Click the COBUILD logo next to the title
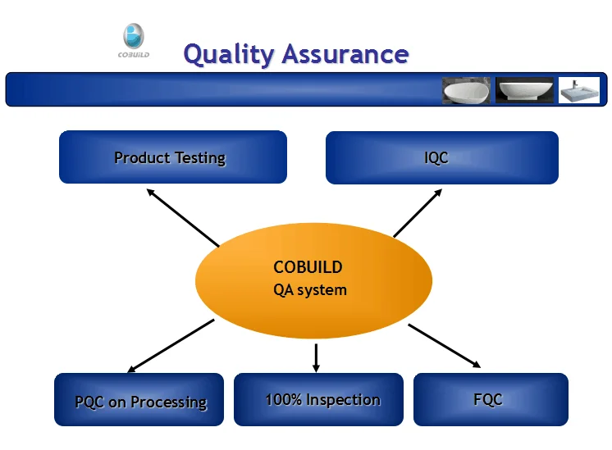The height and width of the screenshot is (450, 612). (x=133, y=42)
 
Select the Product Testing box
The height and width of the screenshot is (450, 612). (x=173, y=157)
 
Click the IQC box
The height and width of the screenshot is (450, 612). (x=441, y=157)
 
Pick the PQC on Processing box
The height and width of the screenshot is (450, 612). (x=139, y=400)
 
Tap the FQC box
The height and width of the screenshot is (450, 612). (x=490, y=399)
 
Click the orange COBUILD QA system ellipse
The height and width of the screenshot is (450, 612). (x=313, y=279)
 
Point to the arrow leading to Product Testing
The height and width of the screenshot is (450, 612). (x=183, y=217)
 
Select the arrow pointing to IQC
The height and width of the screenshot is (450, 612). (x=418, y=213)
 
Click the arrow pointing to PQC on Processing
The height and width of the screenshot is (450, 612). (x=171, y=346)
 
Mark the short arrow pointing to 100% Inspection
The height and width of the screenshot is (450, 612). (x=316, y=357)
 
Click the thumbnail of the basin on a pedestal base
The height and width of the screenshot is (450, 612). (x=525, y=90)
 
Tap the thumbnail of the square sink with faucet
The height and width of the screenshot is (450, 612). (x=579, y=90)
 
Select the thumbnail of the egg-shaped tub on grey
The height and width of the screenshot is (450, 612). (x=467, y=90)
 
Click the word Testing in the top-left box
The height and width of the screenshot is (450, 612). (x=199, y=157)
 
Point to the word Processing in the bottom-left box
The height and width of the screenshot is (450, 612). (x=171, y=402)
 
